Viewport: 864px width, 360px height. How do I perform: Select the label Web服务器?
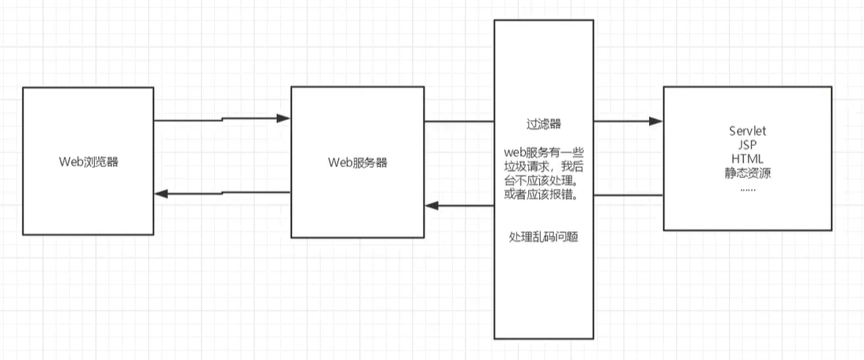357,162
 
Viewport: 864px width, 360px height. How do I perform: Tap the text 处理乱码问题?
543,237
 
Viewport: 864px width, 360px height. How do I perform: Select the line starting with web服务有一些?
543,151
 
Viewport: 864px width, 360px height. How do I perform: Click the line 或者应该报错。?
543,195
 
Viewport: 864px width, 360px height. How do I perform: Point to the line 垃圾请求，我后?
543,165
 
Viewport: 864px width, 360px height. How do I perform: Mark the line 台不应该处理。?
543,180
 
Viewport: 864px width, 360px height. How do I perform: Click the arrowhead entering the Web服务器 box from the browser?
285,119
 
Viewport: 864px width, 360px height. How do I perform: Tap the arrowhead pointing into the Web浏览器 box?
160,195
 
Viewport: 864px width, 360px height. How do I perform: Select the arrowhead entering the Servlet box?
658,122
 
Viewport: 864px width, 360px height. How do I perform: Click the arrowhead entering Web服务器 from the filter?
431,205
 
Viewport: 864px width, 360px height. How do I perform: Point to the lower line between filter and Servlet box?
628,195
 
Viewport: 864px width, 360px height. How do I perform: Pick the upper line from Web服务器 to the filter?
459,122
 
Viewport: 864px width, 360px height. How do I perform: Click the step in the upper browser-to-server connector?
223,120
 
